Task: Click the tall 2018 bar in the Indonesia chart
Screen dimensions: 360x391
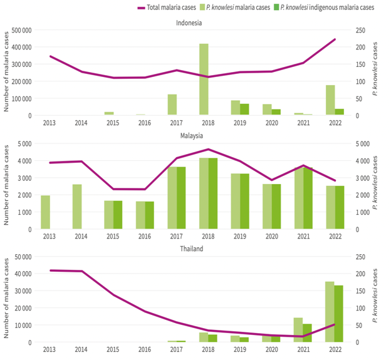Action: (x=204, y=80)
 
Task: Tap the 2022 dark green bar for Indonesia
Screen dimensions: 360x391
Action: (x=339, y=112)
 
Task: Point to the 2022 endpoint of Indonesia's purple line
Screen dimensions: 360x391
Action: (x=334, y=39)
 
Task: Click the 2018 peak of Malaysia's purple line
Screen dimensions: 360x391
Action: (x=208, y=149)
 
